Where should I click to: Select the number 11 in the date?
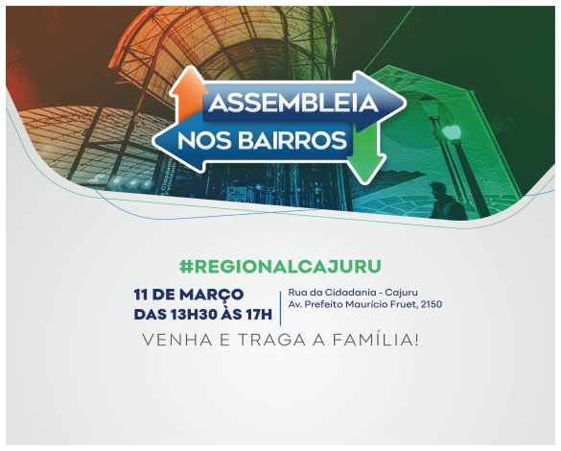tap(143, 294)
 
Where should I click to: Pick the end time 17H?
tap(256, 313)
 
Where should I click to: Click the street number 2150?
tap(427, 305)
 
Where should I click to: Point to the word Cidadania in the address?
tap(338, 293)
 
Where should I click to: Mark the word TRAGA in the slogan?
tap(259, 340)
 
